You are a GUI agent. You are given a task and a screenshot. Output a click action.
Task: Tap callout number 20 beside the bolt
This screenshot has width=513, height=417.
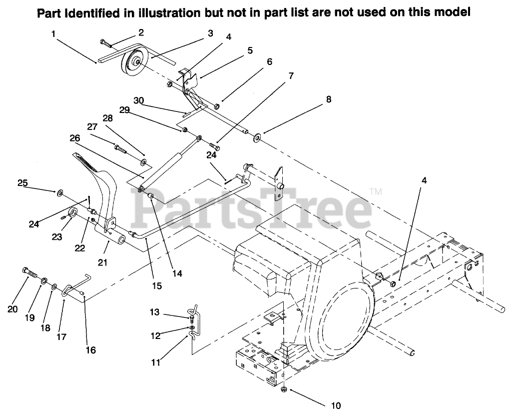[x=12, y=310]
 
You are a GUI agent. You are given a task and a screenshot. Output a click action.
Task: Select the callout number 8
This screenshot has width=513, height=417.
[x=328, y=99]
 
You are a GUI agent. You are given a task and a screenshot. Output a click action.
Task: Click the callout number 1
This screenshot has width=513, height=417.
[x=53, y=33]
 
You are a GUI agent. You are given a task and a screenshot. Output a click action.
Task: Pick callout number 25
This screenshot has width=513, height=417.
[x=22, y=183]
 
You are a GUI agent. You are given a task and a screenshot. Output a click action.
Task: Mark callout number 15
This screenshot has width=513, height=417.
[x=157, y=286]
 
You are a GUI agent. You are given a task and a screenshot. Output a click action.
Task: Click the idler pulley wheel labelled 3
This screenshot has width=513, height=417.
[x=133, y=63]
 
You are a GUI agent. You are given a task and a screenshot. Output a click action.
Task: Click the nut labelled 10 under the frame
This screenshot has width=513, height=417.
[x=284, y=389]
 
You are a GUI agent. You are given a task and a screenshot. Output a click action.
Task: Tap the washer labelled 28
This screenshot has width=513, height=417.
[x=143, y=162]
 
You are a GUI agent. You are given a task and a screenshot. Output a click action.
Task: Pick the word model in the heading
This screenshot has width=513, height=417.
[x=452, y=12]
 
